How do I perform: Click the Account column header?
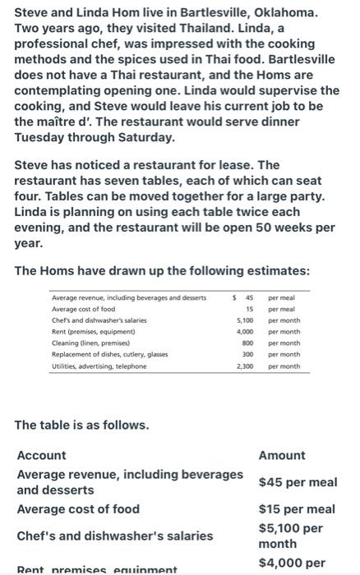pyautogui.click(x=42, y=455)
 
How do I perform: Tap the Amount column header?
pyautogui.click(x=281, y=455)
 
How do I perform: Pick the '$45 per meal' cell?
pyautogui.click(x=297, y=482)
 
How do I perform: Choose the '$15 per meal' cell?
pyautogui.click(x=297, y=509)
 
